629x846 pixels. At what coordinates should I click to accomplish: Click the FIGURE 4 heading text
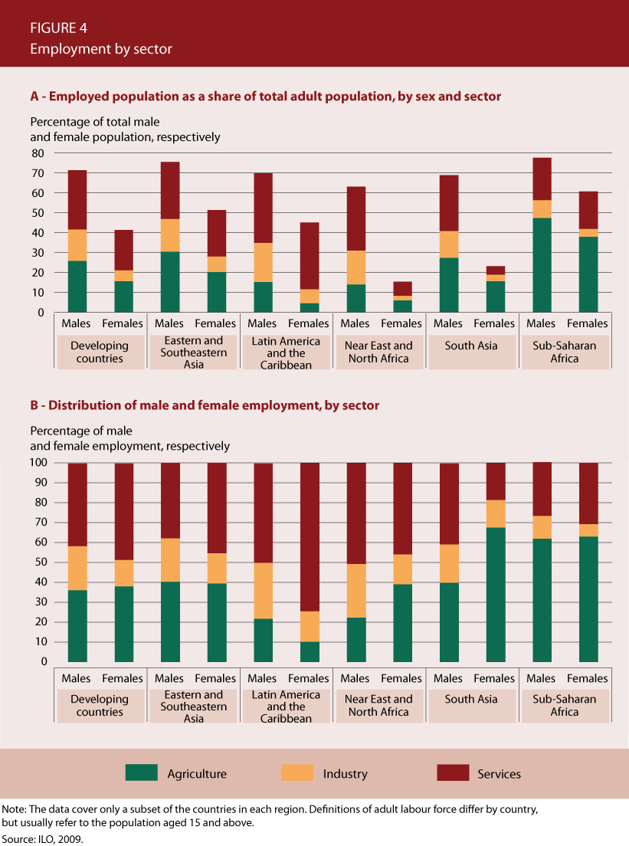click(58, 28)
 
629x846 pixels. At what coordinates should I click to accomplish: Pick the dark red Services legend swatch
click(452, 772)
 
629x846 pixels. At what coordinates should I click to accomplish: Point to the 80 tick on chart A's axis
click(38, 153)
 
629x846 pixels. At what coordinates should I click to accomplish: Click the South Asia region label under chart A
click(471, 346)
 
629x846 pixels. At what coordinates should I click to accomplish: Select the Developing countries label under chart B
click(100, 706)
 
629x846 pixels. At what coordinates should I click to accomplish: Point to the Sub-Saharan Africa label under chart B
click(565, 706)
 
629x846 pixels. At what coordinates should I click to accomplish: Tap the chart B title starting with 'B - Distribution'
click(205, 405)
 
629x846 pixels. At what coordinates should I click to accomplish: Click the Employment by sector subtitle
click(101, 49)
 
